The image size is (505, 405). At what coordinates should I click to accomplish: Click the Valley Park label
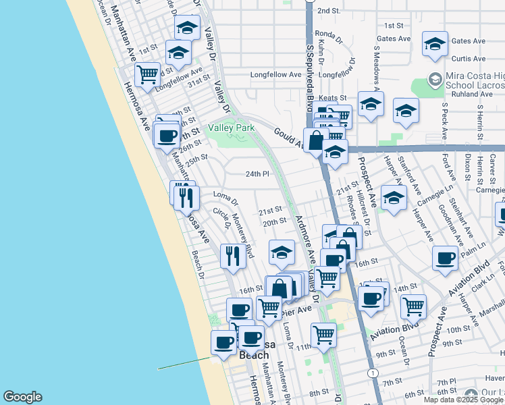232,128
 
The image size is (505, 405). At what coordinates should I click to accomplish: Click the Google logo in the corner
22,397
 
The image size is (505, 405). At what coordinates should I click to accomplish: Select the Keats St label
332,98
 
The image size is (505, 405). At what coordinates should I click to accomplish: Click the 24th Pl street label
257,173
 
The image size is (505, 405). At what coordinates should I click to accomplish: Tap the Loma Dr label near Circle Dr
225,197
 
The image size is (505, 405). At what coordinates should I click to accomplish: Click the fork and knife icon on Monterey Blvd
232,256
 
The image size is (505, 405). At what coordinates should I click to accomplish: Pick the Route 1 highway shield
372,373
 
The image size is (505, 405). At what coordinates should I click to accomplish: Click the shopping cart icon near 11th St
323,333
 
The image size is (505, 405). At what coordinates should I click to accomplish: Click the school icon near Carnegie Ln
393,197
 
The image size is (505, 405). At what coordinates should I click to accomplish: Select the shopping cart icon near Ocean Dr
413,306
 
